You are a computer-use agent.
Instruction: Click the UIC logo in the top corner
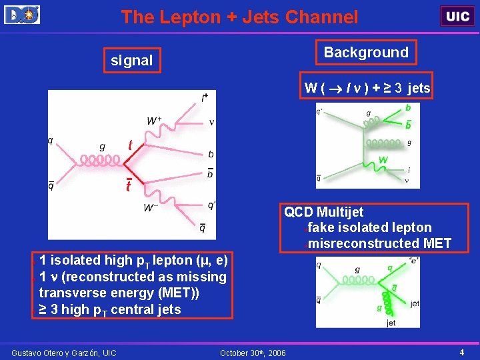click(x=457, y=16)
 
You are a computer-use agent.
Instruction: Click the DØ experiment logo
click(x=22, y=14)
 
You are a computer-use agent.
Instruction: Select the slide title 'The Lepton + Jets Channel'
click(x=239, y=17)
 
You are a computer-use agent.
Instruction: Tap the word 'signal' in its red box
click(x=132, y=61)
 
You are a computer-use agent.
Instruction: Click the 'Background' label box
click(x=366, y=53)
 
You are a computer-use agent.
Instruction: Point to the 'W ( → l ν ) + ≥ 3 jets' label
click(x=367, y=88)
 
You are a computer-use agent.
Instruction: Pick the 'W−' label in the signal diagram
click(x=152, y=208)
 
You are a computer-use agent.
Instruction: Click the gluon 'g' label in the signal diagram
click(x=101, y=146)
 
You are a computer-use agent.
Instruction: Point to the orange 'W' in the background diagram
click(x=383, y=161)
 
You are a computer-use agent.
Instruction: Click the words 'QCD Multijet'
click(x=324, y=212)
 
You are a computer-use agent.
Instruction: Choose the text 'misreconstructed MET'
click(x=379, y=243)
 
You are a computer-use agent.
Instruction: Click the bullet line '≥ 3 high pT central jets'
click(x=110, y=309)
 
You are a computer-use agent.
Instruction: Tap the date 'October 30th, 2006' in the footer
click(x=253, y=352)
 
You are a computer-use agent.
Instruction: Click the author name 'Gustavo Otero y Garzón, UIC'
click(x=64, y=352)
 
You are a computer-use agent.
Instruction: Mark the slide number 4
click(x=462, y=351)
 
